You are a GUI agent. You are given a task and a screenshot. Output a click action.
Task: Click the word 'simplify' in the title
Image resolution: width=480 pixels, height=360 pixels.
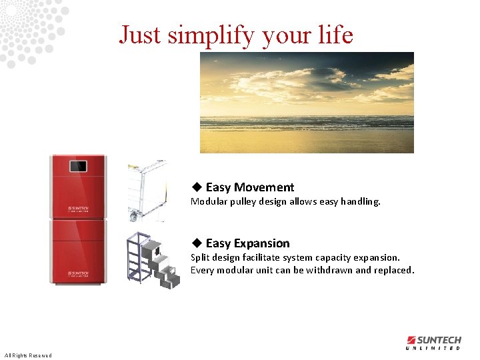tap(210, 35)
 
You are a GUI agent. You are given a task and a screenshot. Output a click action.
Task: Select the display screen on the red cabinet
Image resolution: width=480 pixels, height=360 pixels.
tap(79, 167)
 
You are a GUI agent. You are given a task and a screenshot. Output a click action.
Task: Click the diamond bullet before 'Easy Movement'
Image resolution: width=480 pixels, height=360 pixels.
tap(197, 187)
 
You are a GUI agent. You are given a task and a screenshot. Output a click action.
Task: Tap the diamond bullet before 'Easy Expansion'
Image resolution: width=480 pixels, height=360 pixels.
tap(197, 243)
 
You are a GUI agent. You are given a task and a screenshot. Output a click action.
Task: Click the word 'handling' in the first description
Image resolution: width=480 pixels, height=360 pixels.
tap(360, 201)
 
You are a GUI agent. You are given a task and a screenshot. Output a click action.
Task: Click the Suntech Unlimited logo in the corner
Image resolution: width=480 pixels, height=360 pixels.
tap(433, 343)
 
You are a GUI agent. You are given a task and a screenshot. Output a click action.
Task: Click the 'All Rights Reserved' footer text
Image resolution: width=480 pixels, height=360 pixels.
tap(27, 355)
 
